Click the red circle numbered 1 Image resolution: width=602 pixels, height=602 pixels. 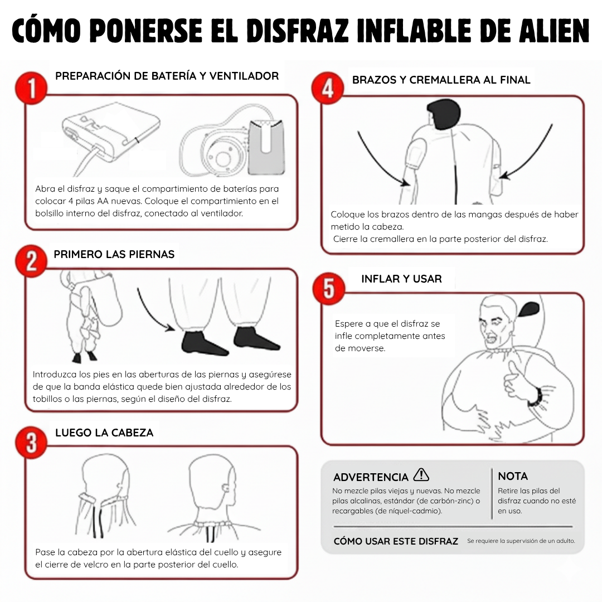pos(31,89)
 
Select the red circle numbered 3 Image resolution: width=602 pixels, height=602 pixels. pos(31,442)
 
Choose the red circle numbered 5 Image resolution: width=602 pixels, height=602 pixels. pos(329,288)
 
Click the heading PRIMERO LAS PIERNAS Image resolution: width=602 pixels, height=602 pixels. pos(114,254)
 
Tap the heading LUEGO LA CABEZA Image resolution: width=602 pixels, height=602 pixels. pos(104,433)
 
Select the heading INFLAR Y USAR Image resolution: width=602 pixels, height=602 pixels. pos(401,279)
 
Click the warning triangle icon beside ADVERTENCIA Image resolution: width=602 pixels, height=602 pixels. pos(421,475)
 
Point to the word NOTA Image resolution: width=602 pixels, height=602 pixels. pos(512,476)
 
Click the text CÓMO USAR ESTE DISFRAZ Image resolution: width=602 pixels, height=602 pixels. pos(396,541)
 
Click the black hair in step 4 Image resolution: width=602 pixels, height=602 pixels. pos(446,115)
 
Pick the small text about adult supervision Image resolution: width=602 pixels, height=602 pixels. pos(521,541)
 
